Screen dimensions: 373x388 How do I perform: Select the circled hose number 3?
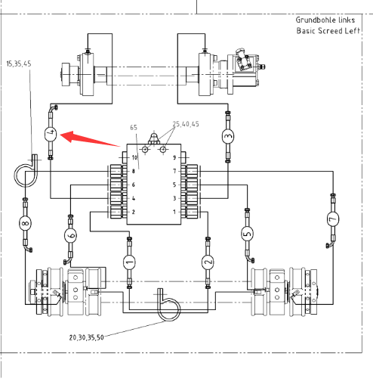pyautogui.click(x=228, y=136)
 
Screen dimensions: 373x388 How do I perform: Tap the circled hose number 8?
pyautogui.click(x=25, y=223)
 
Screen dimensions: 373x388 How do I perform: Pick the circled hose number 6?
pyautogui.click(x=70, y=235)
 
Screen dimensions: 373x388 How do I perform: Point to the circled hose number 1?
pyautogui.click(x=129, y=262)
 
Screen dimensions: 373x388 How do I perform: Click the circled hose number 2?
pyautogui.click(x=208, y=262)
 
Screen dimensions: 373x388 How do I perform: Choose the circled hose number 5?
pyautogui.click(x=247, y=234)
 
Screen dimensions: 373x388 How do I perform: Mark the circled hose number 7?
pyautogui.click(x=333, y=219)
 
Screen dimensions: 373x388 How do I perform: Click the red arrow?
pyautogui.click(x=90, y=138)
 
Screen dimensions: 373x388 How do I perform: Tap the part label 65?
pyautogui.click(x=134, y=128)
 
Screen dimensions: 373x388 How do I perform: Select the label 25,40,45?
pyautogui.click(x=186, y=124)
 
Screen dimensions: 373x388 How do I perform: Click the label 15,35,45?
pyautogui.click(x=19, y=64)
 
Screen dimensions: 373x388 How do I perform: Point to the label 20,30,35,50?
pyautogui.click(x=87, y=337)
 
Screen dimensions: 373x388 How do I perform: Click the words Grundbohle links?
pyautogui.click(x=325, y=20)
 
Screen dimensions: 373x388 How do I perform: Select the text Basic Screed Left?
pyautogui.click(x=328, y=31)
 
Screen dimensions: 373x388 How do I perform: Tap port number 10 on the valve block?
pyautogui.click(x=134, y=157)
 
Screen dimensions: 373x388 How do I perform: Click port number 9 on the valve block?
pyautogui.click(x=174, y=157)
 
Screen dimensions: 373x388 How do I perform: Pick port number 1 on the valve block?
pyautogui.click(x=174, y=212)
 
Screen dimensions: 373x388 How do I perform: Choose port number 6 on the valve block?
pyautogui.click(x=134, y=185)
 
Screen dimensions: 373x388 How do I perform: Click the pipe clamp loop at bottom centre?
pyautogui.click(x=169, y=306)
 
